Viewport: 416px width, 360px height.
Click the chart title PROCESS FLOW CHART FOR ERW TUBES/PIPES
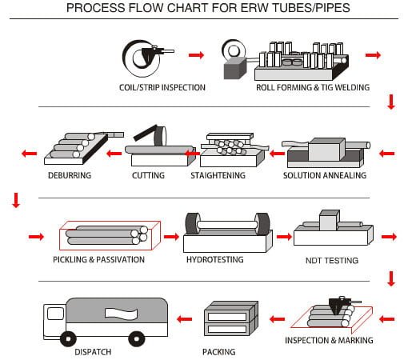pos(208,9)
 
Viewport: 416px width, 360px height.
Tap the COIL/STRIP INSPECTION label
pos(162,87)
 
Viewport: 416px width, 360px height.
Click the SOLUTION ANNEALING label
pos(325,175)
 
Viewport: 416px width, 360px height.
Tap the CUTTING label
pos(148,175)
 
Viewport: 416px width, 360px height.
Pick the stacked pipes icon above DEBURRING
pos(76,146)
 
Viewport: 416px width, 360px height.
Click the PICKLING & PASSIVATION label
pos(99,260)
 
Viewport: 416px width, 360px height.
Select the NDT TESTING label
pos(332,261)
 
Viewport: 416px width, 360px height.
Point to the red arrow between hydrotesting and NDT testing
pos(283,237)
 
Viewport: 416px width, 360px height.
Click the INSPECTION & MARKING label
pos(329,341)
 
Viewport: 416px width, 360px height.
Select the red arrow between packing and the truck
pos(184,319)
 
